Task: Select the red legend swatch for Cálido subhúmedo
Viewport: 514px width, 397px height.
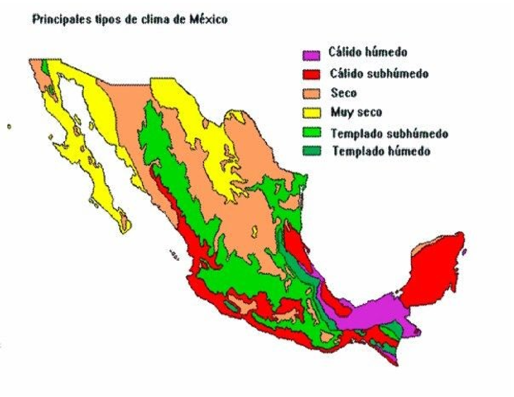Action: [x=311, y=75]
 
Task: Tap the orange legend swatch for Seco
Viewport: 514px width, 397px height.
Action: [x=311, y=94]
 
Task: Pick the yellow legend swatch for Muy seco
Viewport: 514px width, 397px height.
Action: [x=311, y=113]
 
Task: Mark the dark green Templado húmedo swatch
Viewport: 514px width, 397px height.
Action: [x=311, y=152]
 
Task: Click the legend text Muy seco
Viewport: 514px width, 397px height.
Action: [x=356, y=113]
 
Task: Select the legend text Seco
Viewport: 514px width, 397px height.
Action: [x=344, y=93]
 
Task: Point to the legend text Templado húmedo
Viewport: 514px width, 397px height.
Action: [x=381, y=151]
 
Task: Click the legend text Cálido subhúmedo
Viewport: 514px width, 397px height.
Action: [x=379, y=74]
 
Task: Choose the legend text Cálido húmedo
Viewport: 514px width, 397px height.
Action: [x=368, y=52]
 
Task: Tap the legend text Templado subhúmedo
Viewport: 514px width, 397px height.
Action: [x=389, y=133]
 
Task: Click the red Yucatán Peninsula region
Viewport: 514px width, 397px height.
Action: [x=433, y=274]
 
